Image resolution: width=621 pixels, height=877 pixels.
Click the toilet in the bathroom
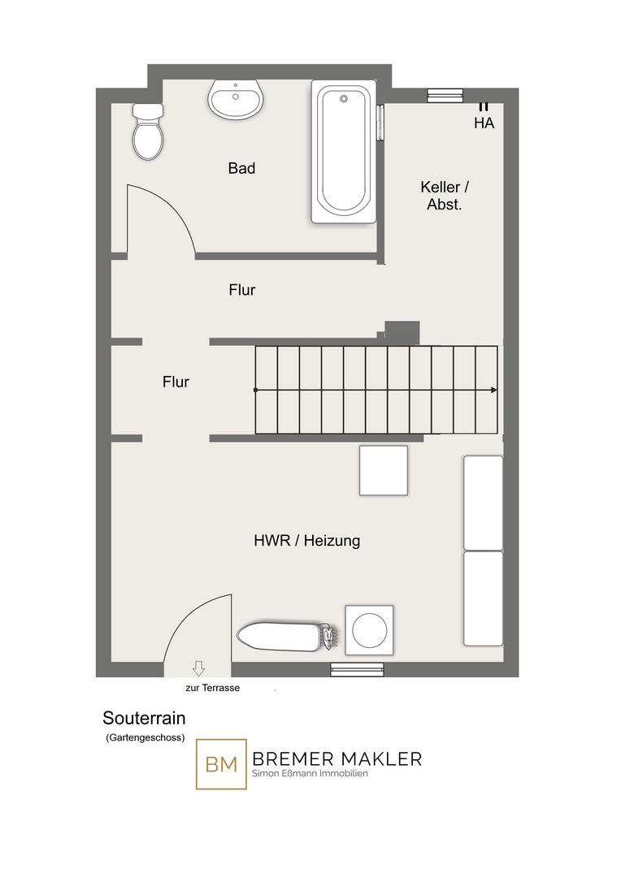(x=149, y=132)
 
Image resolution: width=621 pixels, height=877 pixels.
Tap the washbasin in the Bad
(x=235, y=99)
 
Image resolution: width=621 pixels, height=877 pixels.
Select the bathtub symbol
(x=343, y=152)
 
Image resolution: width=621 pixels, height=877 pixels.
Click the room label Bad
(x=242, y=168)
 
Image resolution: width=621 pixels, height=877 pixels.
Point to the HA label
(x=484, y=123)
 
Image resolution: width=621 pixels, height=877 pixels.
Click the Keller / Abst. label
(x=445, y=195)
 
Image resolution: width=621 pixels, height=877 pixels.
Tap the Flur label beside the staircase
(x=176, y=382)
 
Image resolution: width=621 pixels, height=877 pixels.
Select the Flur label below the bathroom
(x=242, y=290)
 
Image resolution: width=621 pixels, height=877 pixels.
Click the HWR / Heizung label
(x=307, y=540)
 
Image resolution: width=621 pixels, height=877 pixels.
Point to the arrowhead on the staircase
(x=494, y=390)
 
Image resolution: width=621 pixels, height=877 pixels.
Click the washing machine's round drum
(x=370, y=629)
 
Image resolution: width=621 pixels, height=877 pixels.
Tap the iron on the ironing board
(x=329, y=637)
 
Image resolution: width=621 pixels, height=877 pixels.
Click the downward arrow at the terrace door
(x=198, y=667)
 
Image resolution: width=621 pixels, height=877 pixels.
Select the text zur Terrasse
(x=213, y=688)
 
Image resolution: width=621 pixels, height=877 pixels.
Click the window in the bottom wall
(x=357, y=669)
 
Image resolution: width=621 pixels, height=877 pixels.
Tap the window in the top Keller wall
(x=445, y=96)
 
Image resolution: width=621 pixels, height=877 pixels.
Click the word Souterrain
(x=144, y=718)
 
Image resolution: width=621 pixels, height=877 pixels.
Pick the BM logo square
(x=221, y=764)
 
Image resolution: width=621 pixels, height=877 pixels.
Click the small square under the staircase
(x=384, y=470)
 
